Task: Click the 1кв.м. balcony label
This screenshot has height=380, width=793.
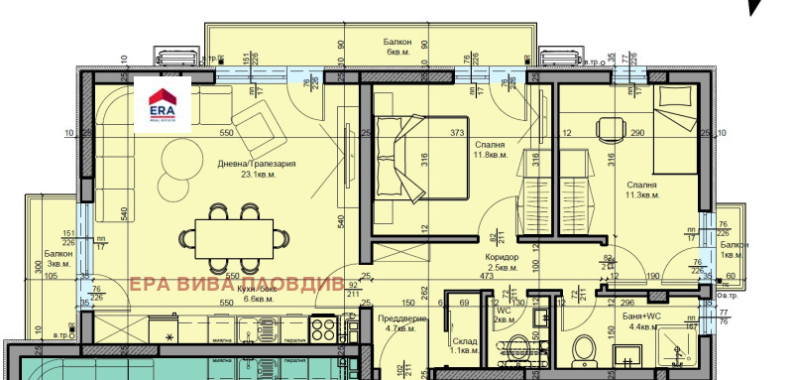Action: [x=735, y=249]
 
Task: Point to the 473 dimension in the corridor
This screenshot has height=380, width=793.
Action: [x=488, y=276]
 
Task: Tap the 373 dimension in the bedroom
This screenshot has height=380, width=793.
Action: [x=457, y=133]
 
